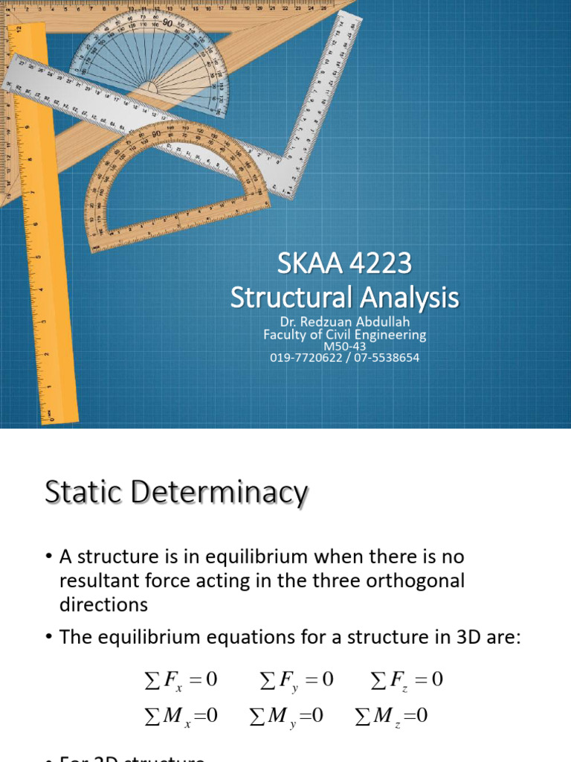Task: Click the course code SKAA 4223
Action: point(344,264)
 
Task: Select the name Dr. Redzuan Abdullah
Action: point(344,321)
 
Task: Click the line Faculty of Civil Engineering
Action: point(344,334)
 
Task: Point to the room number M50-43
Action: point(344,346)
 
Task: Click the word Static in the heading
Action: point(83,493)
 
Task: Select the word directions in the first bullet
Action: point(103,604)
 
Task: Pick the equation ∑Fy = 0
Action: point(297,680)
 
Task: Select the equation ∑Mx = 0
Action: point(180,717)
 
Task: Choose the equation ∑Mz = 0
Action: point(392,717)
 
